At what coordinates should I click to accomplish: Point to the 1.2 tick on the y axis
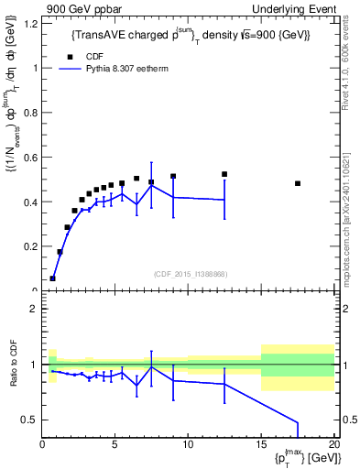pyautogui.click(x=31, y=23)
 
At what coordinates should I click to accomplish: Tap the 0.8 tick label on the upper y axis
pyautogui.click(x=31, y=113)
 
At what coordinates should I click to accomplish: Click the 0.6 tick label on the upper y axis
pyautogui.click(x=31, y=158)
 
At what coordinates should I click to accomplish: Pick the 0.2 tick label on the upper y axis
pyautogui.click(x=31, y=247)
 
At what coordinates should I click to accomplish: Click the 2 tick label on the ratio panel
pyautogui.click(x=34, y=309)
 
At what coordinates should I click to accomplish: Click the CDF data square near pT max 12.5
pyautogui.click(x=224, y=174)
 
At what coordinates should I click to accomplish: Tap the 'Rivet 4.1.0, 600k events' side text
pyautogui.click(x=352, y=64)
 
